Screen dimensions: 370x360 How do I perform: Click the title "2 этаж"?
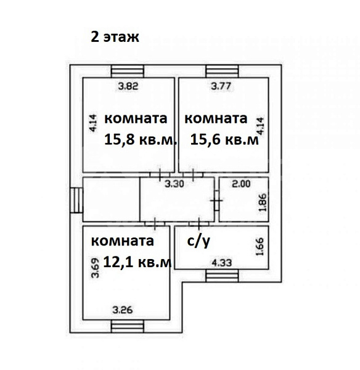[115, 36]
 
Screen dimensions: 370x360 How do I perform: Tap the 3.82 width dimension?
[128, 87]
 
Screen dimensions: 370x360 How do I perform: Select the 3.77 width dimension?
[221, 87]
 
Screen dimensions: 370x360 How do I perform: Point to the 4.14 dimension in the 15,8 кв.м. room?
[92, 126]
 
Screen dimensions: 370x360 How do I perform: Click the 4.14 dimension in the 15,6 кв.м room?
[261, 126]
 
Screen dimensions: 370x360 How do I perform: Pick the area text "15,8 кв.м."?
[141, 140]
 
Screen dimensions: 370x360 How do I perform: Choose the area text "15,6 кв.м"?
[224, 140]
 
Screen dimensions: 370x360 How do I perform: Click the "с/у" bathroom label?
[197, 242]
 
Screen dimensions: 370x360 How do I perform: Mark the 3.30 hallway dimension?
[178, 183]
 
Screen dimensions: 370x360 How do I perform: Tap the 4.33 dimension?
[222, 263]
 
